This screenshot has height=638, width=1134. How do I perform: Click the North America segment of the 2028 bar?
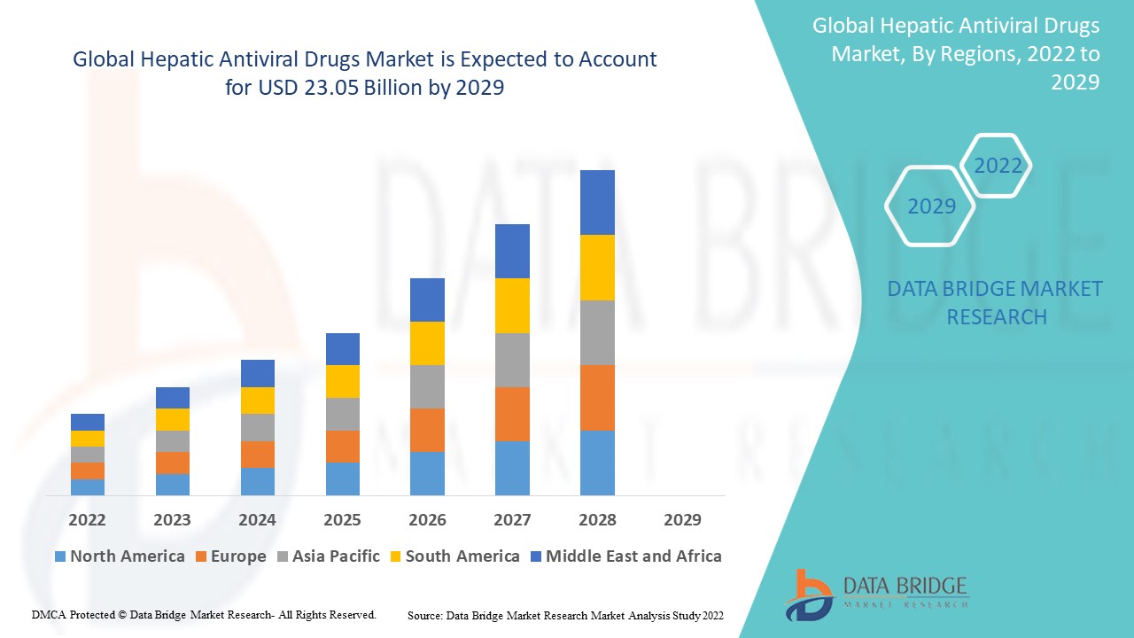point(597,463)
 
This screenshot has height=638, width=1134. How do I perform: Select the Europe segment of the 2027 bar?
point(512,414)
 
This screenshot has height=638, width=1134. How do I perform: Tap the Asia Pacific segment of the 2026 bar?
point(427,386)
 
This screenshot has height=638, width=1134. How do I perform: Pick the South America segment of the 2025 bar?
point(343,381)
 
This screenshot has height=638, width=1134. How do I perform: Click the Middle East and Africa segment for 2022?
point(88,422)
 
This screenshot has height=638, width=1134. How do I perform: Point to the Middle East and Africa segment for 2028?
point(597,202)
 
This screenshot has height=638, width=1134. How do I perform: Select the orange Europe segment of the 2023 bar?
point(173,463)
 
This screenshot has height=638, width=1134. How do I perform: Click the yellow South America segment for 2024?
point(258,401)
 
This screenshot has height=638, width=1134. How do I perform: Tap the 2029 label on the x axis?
point(682,520)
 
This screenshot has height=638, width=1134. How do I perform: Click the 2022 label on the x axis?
point(88,520)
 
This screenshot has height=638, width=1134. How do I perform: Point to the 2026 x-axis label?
point(427,520)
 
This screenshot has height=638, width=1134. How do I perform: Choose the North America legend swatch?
point(60,557)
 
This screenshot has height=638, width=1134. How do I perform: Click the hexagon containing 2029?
point(930,206)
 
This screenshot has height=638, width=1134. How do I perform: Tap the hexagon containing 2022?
point(998,166)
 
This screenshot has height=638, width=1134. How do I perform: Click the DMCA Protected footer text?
point(204,614)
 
